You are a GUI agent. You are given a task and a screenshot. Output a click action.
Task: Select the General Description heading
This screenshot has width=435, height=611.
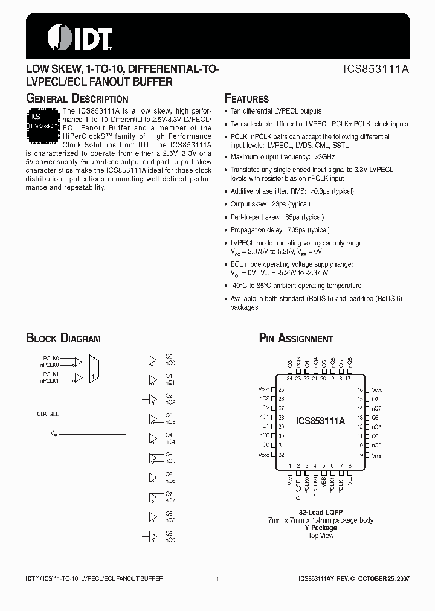77,99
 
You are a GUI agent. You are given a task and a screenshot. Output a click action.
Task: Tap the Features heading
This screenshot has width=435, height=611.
246,99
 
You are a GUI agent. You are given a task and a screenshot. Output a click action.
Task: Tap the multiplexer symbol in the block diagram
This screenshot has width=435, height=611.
94,368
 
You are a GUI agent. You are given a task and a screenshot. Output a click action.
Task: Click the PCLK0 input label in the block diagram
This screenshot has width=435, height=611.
51,359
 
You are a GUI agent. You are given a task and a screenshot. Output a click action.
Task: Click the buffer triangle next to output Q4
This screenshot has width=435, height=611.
152,438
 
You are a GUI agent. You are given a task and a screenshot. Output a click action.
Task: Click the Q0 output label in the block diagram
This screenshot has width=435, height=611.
169,357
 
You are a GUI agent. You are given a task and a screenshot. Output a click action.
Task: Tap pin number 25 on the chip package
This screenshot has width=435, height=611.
281,391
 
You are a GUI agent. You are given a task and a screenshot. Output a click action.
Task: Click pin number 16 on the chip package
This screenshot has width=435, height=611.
360,391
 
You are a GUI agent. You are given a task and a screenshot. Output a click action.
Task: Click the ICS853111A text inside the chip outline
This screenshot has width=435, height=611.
320,422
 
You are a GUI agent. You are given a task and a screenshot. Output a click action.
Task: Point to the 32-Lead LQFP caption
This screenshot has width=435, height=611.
320,512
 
